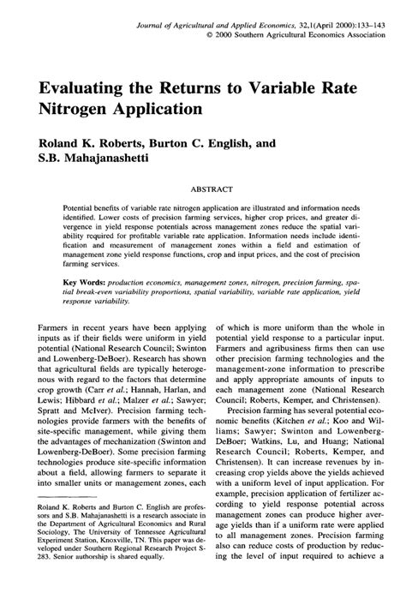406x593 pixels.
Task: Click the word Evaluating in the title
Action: tap(82, 87)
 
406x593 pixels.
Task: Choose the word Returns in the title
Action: tap(202, 87)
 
